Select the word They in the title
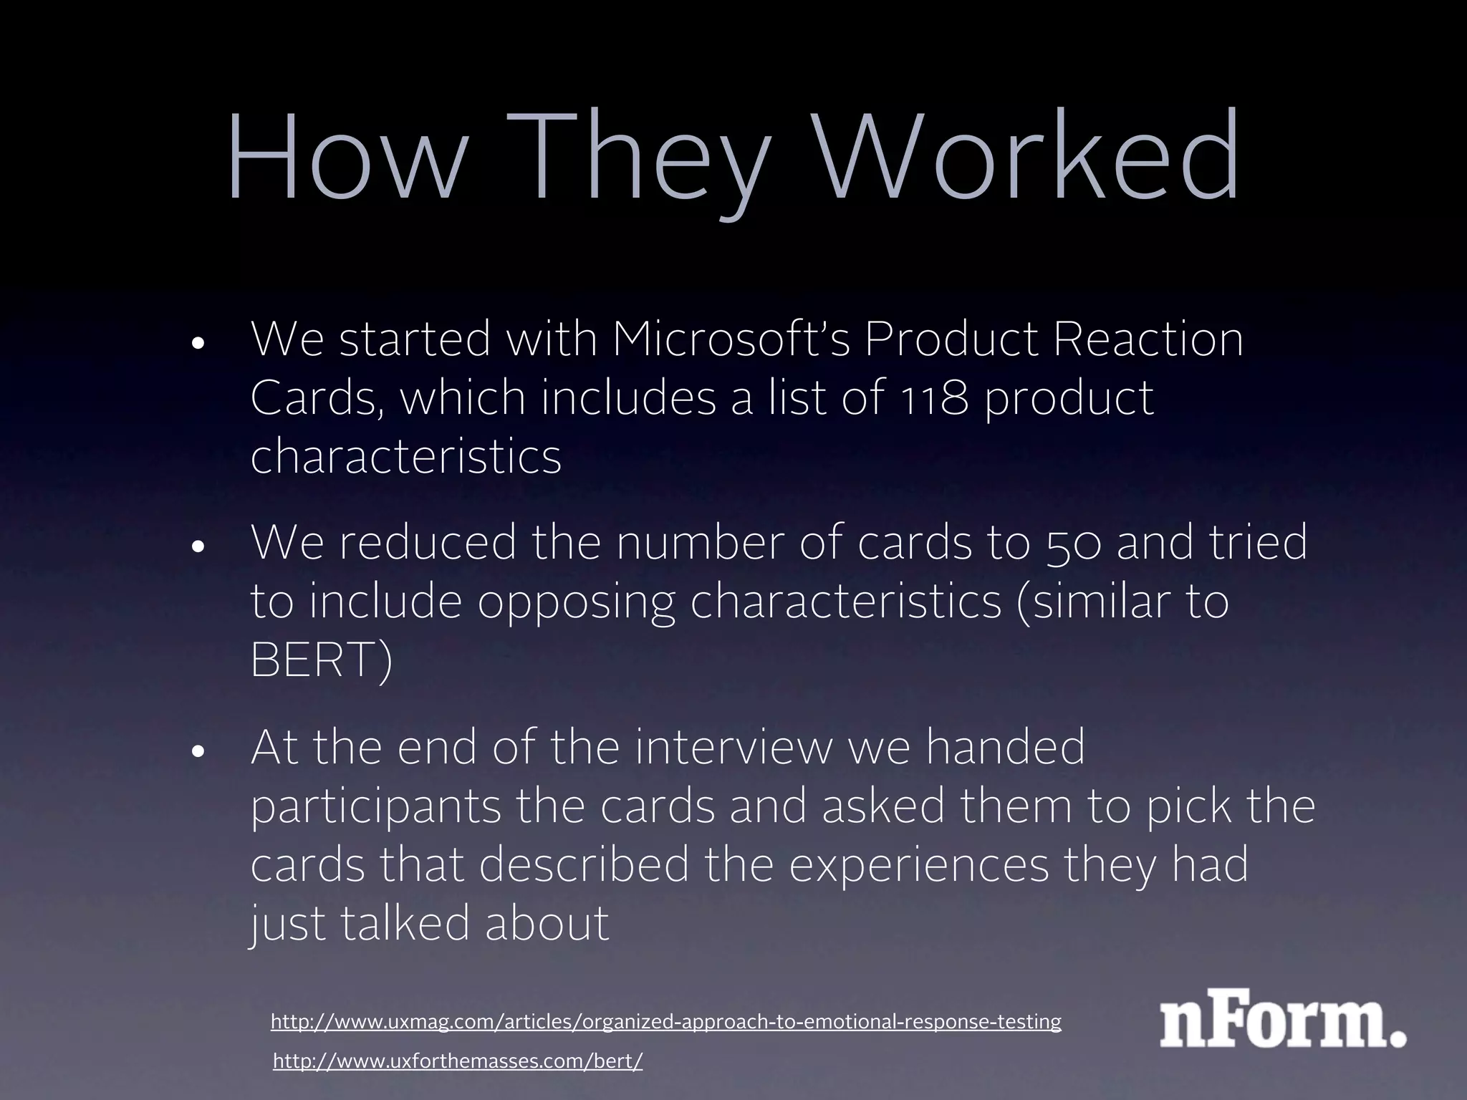648,161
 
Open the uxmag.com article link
665,1021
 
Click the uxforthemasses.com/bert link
458,1061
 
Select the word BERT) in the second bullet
322,660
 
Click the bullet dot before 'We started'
198,343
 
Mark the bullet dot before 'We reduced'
198,546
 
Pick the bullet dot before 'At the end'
198,751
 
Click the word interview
733,747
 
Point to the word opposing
575,603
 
